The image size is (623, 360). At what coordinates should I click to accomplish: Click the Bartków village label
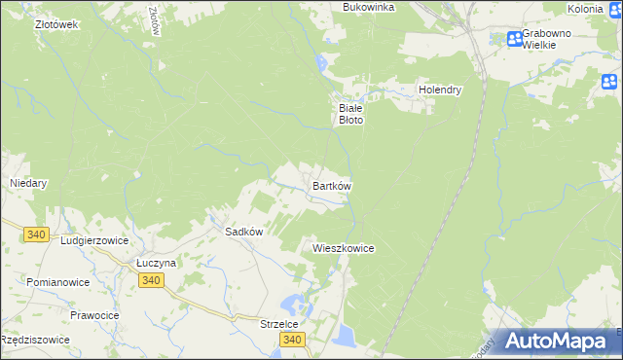pyautogui.click(x=331, y=185)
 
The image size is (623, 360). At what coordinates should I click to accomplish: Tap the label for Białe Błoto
pyautogui.click(x=350, y=114)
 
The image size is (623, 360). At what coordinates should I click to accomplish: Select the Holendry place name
pyautogui.click(x=439, y=90)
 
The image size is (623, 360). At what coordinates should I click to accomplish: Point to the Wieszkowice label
pyautogui.click(x=343, y=248)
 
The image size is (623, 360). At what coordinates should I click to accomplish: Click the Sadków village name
pyautogui.click(x=245, y=232)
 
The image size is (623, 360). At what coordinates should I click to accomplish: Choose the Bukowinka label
pyautogui.click(x=368, y=7)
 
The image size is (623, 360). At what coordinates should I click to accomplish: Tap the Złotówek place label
pyautogui.click(x=55, y=23)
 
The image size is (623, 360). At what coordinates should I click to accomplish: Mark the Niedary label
pyautogui.click(x=28, y=182)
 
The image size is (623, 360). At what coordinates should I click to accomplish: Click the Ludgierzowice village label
pyautogui.click(x=95, y=238)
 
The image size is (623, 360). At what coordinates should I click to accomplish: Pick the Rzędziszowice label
pyautogui.click(x=35, y=340)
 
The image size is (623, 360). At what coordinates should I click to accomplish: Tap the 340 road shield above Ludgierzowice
pyautogui.click(x=37, y=234)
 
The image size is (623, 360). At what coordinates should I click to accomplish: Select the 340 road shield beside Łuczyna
pyautogui.click(x=150, y=280)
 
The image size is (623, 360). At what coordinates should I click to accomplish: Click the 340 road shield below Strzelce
pyautogui.click(x=292, y=340)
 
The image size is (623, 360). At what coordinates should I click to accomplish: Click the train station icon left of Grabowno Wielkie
pyautogui.click(x=514, y=39)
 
